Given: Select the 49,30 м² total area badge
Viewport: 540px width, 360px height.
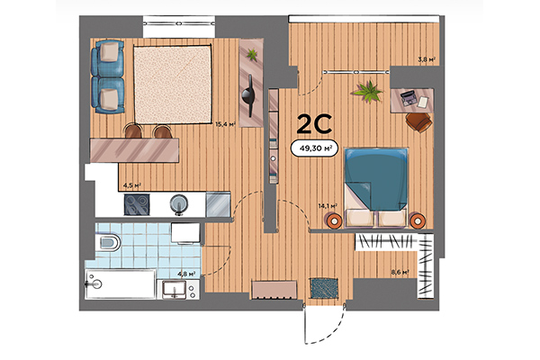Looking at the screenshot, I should point(313,149).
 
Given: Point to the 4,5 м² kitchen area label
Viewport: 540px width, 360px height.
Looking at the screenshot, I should point(130,186).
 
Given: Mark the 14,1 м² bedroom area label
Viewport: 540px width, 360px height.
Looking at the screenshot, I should point(328,206).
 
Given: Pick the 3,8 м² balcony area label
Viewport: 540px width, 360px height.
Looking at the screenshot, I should point(427,60).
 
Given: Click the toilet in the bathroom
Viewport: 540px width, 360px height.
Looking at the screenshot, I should point(108,240).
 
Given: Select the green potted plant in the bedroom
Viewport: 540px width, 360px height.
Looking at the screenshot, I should point(367,91).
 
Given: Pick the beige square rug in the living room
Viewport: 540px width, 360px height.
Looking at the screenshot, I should point(174,85).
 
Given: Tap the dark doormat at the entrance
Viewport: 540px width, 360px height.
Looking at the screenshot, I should point(323,288).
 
